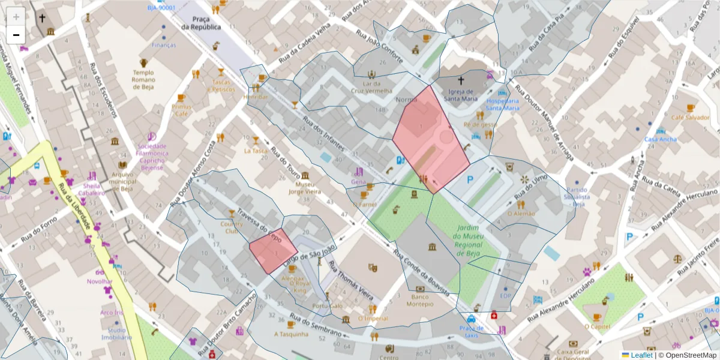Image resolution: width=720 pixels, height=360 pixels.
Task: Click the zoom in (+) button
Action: pyautogui.click(x=16, y=17)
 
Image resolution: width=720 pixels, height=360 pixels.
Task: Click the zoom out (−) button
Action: pyautogui.click(x=16, y=35)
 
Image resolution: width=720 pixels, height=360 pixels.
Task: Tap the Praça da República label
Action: pyautogui.click(x=202, y=23)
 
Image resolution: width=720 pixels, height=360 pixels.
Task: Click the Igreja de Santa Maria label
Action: pyautogui.click(x=462, y=95)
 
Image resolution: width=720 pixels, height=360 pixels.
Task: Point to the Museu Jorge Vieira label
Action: pyautogui.click(x=305, y=188)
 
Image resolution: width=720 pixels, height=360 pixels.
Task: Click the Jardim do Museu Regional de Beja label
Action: pyautogui.click(x=470, y=240)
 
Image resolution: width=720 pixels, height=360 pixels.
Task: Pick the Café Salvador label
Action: pyautogui.click(x=690, y=118)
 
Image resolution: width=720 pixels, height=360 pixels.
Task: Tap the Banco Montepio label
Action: pyautogui.click(x=420, y=300)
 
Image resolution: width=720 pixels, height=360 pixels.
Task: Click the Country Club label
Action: pyautogui.click(x=232, y=227)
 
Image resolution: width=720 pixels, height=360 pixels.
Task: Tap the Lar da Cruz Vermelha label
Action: pyautogui.click(x=371, y=86)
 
